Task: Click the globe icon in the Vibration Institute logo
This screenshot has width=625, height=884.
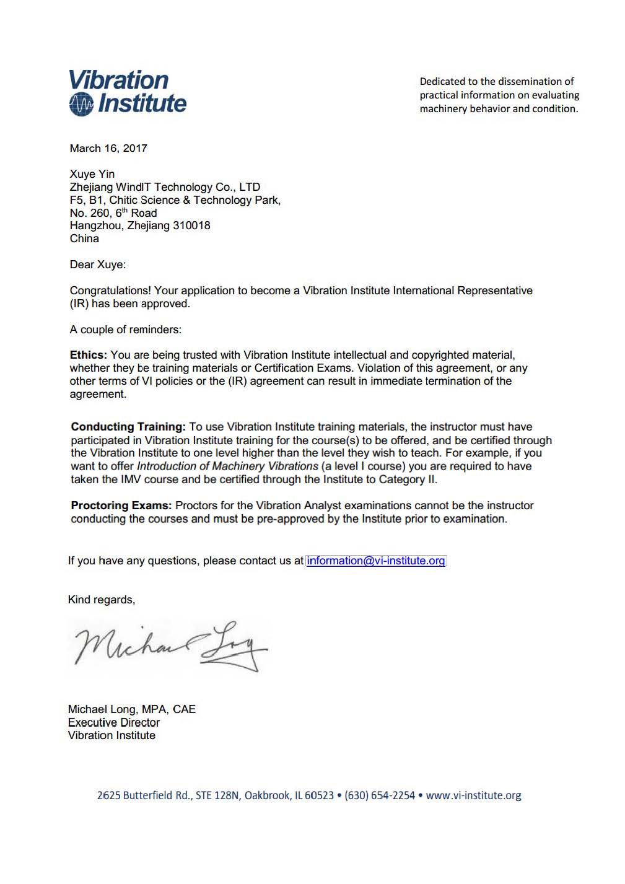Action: tap(81, 104)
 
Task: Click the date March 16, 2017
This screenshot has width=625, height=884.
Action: tap(108, 148)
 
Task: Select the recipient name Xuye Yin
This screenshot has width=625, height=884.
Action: tap(92, 174)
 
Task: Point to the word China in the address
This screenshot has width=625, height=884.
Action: tap(84, 239)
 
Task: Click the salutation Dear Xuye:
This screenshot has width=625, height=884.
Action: tap(97, 265)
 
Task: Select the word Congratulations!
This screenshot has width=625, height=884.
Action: tap(110, 291)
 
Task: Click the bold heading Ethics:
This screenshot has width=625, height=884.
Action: tap(88, 355)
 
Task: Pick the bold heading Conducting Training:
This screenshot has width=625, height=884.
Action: tap(128, 427)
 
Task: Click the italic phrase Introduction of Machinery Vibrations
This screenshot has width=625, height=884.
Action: tap(227, 466)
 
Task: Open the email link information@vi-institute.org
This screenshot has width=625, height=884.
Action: tap(376, 561)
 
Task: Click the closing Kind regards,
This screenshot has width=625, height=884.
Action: tap(102, 600)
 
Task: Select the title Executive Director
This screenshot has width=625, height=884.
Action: tap(114, 722)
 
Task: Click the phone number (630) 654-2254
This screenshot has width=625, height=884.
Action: tap(380, 795)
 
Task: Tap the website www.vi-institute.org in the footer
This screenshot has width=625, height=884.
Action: tap(474, 795)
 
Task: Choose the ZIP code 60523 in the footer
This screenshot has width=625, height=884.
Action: tap(319, 795)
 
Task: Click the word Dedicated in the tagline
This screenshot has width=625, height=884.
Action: tap(442, 81)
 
